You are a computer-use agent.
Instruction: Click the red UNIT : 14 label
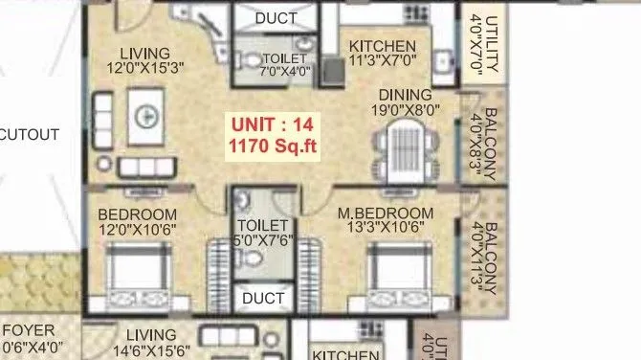point(272,124)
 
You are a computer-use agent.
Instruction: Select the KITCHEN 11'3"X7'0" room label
point(382,54)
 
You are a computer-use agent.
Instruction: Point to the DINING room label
point(405,95)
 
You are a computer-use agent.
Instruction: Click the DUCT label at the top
point(276,18)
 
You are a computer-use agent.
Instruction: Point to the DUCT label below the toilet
point(262,299)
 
